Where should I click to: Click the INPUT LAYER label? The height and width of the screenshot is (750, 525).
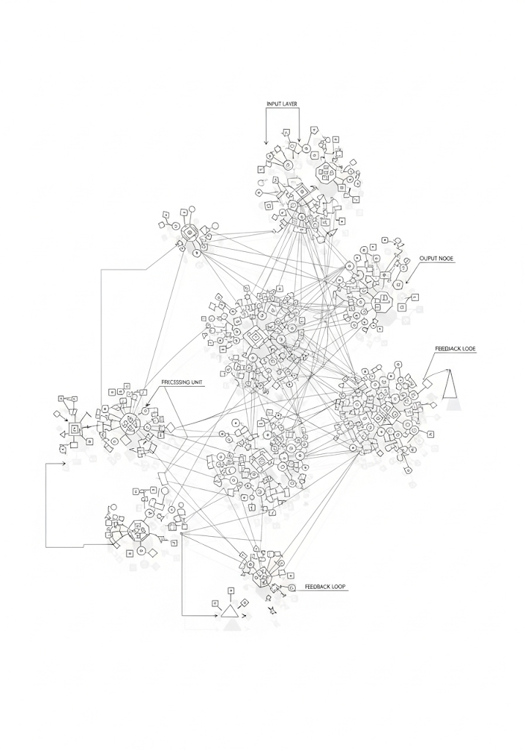coord(282,105)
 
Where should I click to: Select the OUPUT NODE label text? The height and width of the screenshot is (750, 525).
coord(437,259)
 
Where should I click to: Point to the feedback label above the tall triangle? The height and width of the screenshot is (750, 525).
coord(455,350)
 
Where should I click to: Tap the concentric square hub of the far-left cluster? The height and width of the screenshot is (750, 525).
coord(73,428)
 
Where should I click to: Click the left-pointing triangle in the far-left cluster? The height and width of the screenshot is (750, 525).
coord(64,434)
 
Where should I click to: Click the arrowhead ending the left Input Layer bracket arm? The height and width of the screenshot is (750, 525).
coord(265,143)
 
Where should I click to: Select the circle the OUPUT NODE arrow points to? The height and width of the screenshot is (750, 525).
coord(398,284)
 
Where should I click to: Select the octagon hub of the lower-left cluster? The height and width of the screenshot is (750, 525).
coord(138,530)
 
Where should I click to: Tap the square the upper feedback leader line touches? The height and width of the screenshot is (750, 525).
coord(426,382)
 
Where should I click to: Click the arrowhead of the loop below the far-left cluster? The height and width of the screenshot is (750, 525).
coord(64,464)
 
